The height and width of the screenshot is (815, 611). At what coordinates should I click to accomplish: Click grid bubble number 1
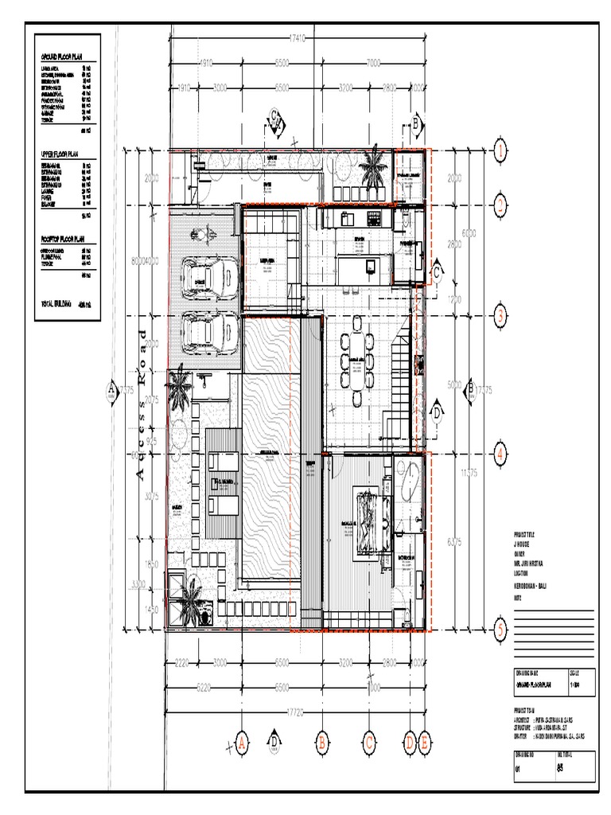(500, 149)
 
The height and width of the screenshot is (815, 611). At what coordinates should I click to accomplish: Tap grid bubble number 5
(500, 629)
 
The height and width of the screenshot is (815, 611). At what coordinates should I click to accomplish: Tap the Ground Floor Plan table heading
(67, 59)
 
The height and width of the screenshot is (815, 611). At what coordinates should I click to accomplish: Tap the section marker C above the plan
(275, 119)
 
